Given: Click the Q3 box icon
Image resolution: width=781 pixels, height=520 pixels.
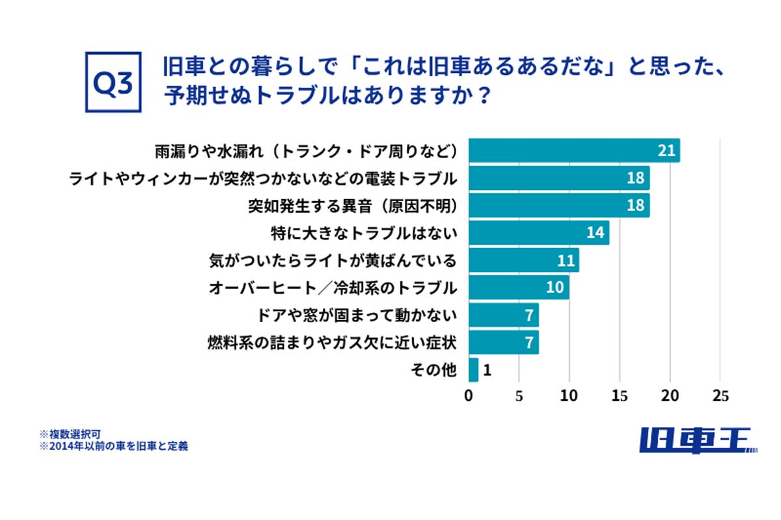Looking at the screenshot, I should click(x=113, y=83).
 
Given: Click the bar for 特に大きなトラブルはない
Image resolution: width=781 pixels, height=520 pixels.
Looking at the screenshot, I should click(x=539, y=232).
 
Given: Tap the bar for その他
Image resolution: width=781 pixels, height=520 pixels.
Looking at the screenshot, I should click(x=473, y=370).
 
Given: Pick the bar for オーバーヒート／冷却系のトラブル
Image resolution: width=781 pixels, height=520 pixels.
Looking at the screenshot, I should click(x=519, y=287).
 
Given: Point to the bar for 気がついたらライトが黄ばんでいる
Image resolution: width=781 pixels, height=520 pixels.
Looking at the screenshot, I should click(x=523, y=260).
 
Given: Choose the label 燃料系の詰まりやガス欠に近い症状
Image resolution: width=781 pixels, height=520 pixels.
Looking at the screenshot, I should click(x=332, y=342).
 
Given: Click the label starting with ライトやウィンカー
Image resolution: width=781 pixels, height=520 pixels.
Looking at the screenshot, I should click(x=263, y=178).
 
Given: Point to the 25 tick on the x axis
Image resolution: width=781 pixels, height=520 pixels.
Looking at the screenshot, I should click(x=720, y=396).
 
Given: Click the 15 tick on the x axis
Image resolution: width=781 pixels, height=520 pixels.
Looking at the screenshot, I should click(x=620, y=396).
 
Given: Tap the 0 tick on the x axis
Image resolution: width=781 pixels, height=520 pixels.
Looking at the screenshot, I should click(x=469, y=396).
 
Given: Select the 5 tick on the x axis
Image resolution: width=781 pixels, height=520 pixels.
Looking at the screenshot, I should click(x=519, y=396).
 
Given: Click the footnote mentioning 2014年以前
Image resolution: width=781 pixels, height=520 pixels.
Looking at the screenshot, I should click(x=114, y=446).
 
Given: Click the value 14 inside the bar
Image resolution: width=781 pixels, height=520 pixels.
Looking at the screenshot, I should click(x=596, y=232).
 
